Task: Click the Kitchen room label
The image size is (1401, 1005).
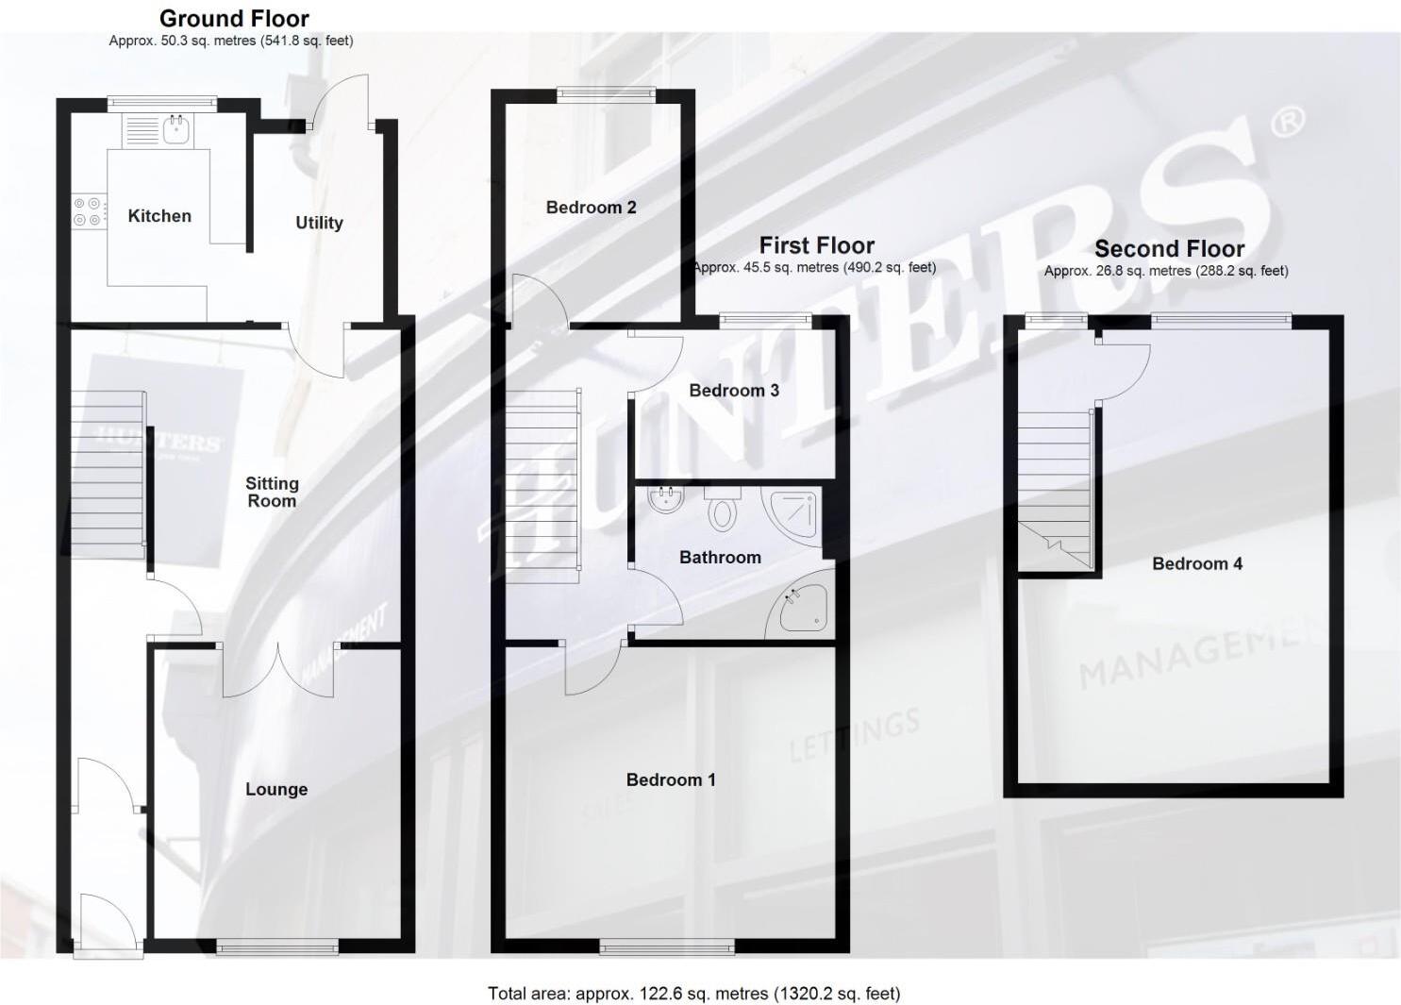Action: point(159,216)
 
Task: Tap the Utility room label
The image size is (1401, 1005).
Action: point(319,223)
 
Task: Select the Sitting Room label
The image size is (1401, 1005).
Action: point(272,492)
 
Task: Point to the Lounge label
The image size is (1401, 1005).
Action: point(276,789)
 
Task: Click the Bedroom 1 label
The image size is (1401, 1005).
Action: point(671,779)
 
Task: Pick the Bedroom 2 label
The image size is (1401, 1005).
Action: point(591,208)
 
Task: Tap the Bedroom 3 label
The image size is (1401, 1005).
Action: point(734,391)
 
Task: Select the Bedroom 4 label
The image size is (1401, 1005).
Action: point(1197,563)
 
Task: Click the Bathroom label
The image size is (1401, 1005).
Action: point(720,558)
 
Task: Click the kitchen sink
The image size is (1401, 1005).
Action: point(175,129)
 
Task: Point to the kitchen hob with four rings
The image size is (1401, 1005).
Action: point(88,211)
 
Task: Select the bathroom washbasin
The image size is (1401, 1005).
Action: point(667,500)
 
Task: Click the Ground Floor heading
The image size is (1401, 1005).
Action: point(234,18)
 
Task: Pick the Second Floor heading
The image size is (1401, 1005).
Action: point(1169,249)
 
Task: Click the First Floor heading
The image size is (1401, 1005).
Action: point(817,245)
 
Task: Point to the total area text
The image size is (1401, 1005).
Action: point(693,993)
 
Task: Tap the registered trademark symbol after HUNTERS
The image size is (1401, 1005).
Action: point(1289,122)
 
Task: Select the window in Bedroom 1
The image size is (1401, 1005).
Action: point(667,945)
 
